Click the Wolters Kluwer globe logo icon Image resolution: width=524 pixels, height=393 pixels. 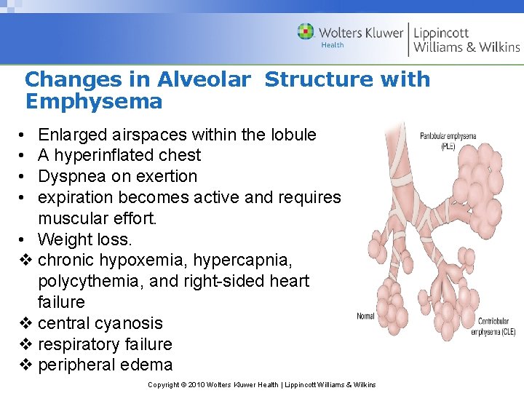[x=306, y=32]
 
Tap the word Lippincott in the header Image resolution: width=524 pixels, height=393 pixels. [x=441, y=33]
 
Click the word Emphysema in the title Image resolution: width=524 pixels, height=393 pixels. [x=94, y=101]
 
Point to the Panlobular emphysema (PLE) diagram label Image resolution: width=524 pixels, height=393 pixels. [x=448, y=139]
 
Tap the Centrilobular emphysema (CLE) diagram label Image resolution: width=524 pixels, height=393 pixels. [x=498, y=327]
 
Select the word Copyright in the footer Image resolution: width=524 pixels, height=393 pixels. [x=164, y=384]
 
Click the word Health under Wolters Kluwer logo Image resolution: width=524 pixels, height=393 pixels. [x=332, y=45]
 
